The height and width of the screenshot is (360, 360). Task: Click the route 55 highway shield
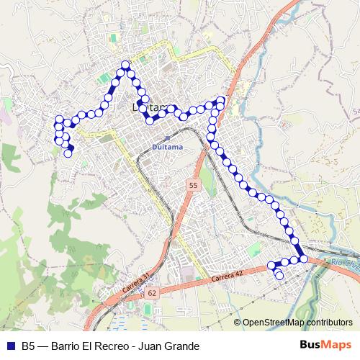193,186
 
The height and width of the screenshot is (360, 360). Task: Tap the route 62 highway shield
152,294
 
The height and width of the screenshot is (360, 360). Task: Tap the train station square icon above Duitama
167,137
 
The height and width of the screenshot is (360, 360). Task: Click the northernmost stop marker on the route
125,65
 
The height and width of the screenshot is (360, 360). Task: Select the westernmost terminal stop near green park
68,153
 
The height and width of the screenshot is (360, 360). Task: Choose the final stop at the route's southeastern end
279,276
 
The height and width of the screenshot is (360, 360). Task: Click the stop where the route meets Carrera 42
304,258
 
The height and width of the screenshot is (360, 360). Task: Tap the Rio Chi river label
344,264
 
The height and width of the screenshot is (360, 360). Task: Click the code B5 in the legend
29,346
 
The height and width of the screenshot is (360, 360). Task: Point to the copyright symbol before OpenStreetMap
237,323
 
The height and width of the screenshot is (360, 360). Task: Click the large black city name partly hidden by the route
151,109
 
